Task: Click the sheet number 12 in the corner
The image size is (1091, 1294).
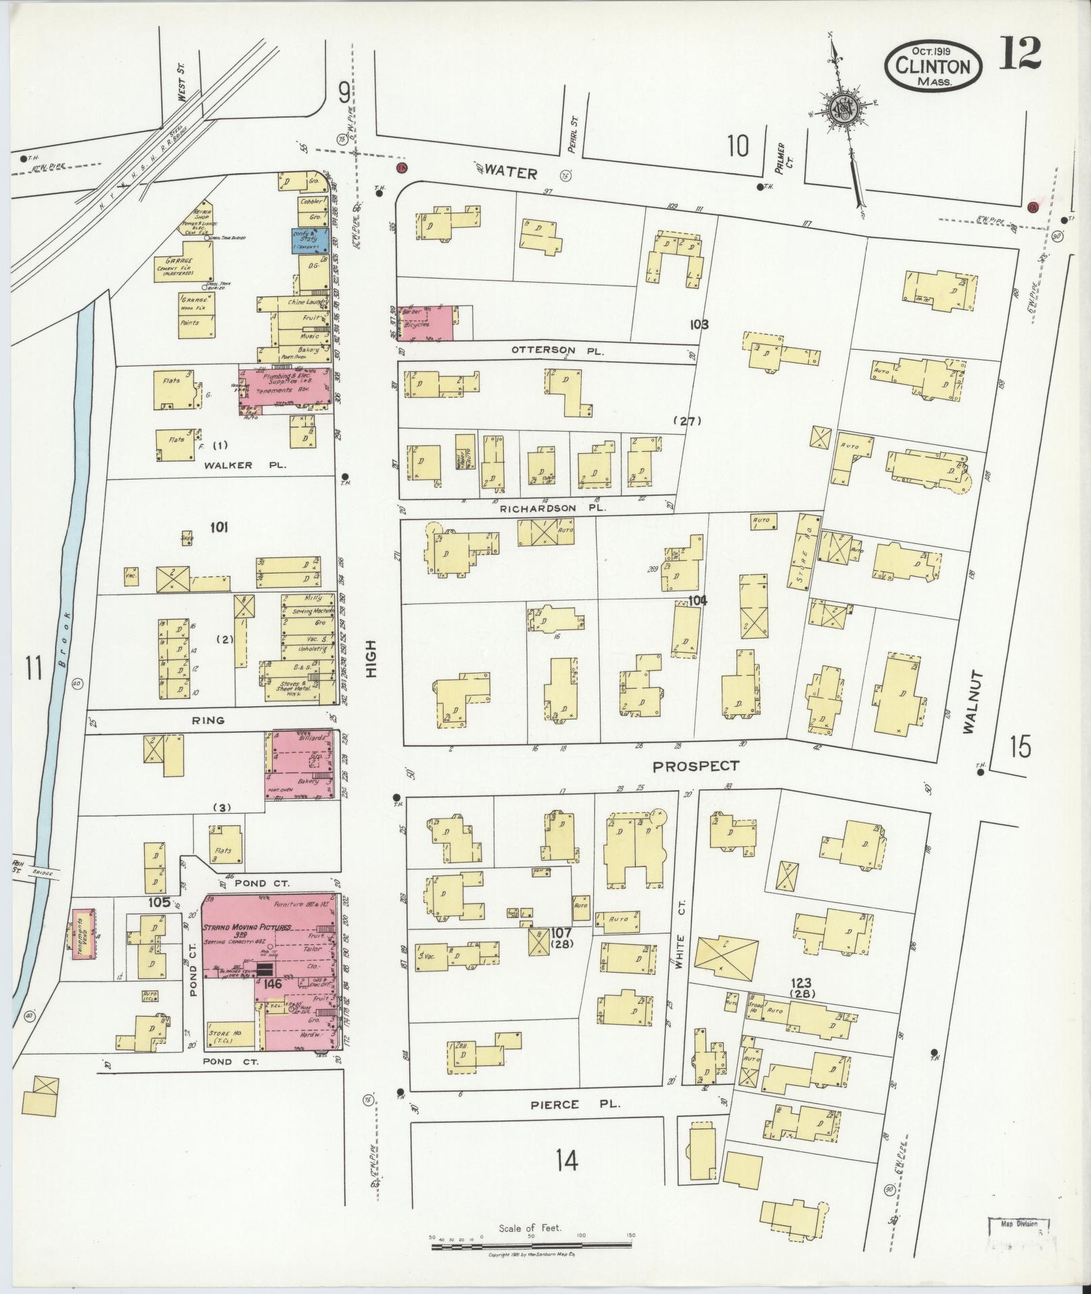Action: pos(1020,52)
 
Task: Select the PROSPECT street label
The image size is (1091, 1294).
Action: pos(696,766)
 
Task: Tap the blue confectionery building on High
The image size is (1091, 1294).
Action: pos(310,240)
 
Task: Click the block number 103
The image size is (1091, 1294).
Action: pos(699,325)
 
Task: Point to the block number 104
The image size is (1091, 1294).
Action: pos(697,599)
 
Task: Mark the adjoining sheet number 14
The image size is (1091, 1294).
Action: pos(567,1161)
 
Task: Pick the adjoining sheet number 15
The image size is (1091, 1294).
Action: pos(1019,747)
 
